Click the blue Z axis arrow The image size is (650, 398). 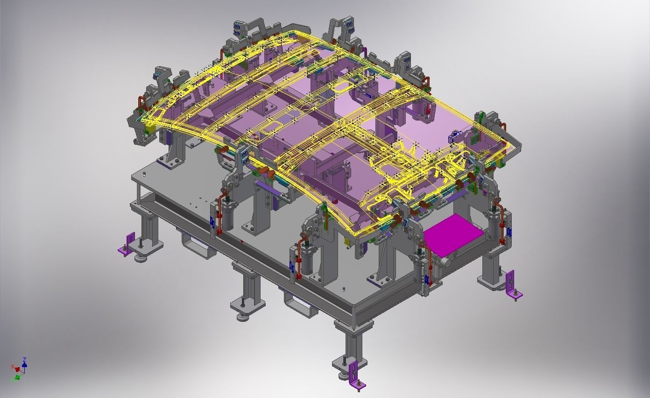click(x=24, y=361)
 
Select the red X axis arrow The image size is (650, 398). click(x=14, y=367)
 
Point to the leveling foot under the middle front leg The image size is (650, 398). click(x=242, y=317)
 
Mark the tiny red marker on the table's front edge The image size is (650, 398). click(x=242, y=241)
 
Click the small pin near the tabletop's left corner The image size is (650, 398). click(x=144, y=174)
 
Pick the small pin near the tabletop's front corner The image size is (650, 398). click(x=344, y=289)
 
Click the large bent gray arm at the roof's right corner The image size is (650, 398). click(x=511, y=140)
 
